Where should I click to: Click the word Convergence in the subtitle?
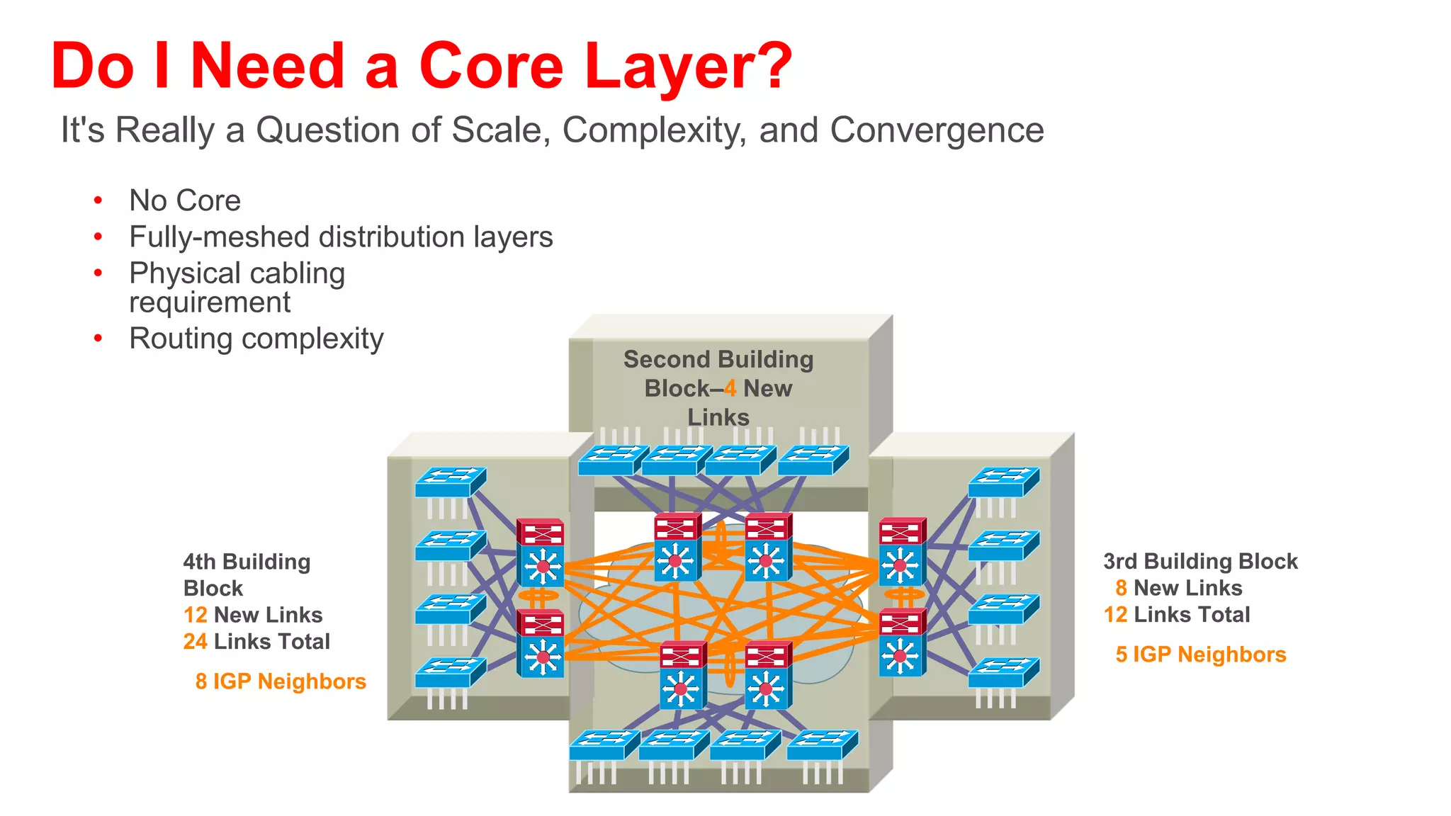click(937, 130)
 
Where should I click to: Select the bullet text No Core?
click(185, 200)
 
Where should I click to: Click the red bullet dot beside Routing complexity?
click(98, 339)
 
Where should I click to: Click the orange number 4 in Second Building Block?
click(730, 388)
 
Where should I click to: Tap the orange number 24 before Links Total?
click(195, 641)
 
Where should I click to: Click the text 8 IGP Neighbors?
click(281, 681)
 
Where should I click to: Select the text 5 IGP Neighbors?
click(1200, 654)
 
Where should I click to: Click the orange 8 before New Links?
click(1121, 587)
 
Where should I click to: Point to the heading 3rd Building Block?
click(1200, 561)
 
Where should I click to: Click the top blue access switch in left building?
click(451, 482)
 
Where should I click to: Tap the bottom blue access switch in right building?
click(1003, 672)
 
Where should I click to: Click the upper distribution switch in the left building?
click(541, 553)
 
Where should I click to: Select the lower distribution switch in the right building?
click(901, 642)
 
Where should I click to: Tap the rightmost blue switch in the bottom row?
click(823, 745)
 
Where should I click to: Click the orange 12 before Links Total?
click(1115, 614)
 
